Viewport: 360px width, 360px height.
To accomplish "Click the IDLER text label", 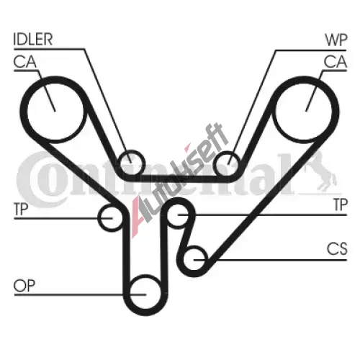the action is pyautogui.click(x=33, y=39).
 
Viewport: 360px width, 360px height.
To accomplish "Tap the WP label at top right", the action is pyautogui.click(x=336, y=40).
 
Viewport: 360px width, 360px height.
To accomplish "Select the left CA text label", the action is pyautogui.click(x=25, y=62).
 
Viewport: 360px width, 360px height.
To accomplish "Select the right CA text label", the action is pyautogui.click(x=336, y=61).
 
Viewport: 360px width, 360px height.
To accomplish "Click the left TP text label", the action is pyautogui.click(x=21, y=209).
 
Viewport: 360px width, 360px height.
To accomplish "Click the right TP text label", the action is pyautogui.click(x=341, y=204).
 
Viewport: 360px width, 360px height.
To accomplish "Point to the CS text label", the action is pyautogui.click(x=337, y=248).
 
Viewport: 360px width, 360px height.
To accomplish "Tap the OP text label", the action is pyautogui.click(x=24, y=285).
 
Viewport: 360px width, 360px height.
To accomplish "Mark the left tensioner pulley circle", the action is pyautogui.click(x=99, y=217).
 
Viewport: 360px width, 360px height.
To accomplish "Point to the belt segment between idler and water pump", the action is pyautogui.click(x=179, y=179).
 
